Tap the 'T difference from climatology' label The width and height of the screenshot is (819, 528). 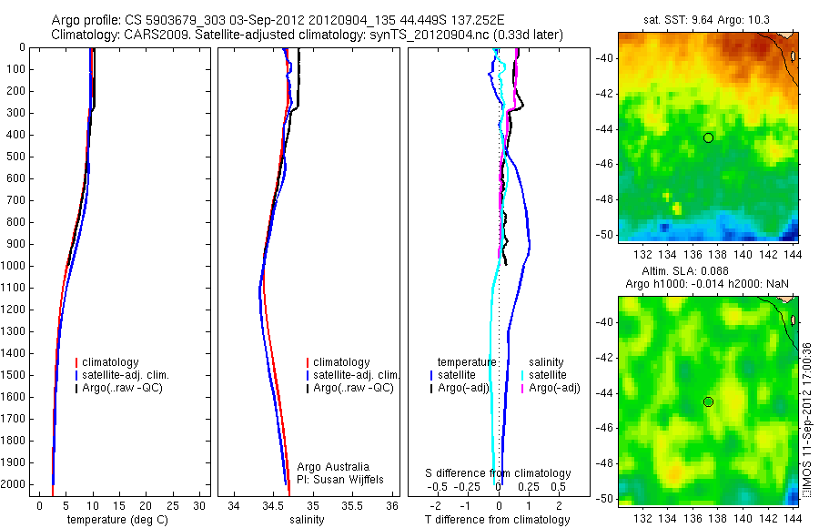pos(497,520)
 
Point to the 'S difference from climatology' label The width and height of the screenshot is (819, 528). pos(499,473)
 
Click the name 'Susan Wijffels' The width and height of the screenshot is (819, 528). pos(349,480)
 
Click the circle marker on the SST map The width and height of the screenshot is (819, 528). pos(708,137)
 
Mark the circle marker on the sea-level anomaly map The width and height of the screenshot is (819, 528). pos(708,401)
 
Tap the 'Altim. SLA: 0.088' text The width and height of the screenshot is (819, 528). pos(696,271)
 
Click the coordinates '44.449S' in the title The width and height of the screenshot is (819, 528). pos(397,20)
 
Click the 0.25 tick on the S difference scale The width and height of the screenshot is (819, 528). pos(529,486)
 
